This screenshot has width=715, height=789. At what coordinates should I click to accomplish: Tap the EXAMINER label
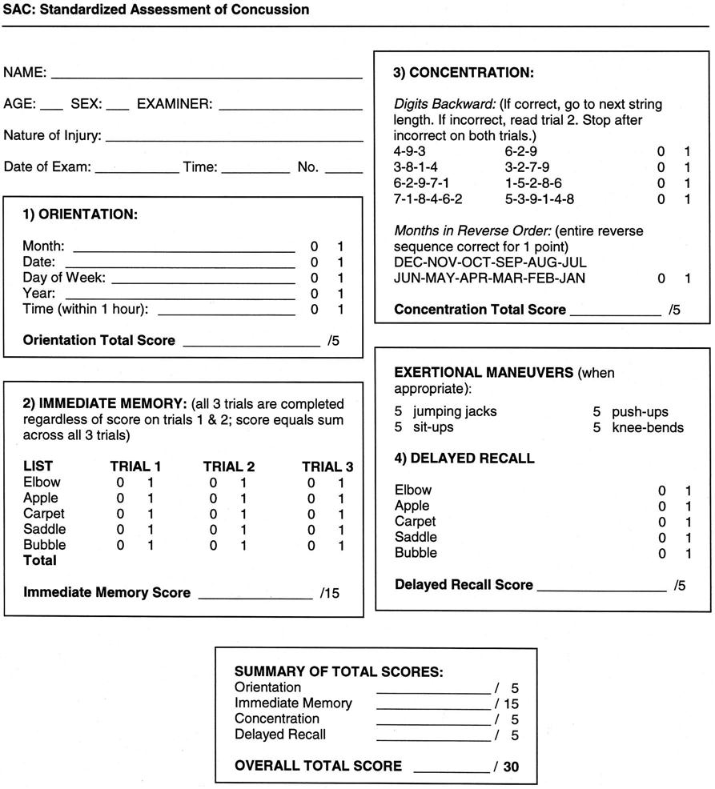(175, 104)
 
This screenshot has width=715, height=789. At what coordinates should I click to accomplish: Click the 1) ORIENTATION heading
(80, 215)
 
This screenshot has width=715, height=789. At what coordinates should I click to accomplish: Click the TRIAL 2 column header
(229, 467)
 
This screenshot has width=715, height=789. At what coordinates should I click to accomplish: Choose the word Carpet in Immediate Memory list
(44, 514)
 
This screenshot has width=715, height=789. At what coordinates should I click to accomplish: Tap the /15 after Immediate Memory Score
(329, 593)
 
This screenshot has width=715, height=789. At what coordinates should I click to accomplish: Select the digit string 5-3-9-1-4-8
(539, 198)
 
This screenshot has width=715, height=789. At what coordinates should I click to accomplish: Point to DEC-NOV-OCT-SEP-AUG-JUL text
(490, 262)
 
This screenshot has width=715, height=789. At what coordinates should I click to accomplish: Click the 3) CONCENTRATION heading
(463, 73)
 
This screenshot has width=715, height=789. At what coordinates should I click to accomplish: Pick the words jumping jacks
(455, 412)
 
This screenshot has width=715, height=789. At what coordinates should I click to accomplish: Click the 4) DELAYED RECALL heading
(464, 459)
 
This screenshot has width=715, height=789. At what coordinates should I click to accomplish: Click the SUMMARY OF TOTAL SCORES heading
(338, 671)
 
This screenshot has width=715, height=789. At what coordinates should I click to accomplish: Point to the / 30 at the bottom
(506, 767)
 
